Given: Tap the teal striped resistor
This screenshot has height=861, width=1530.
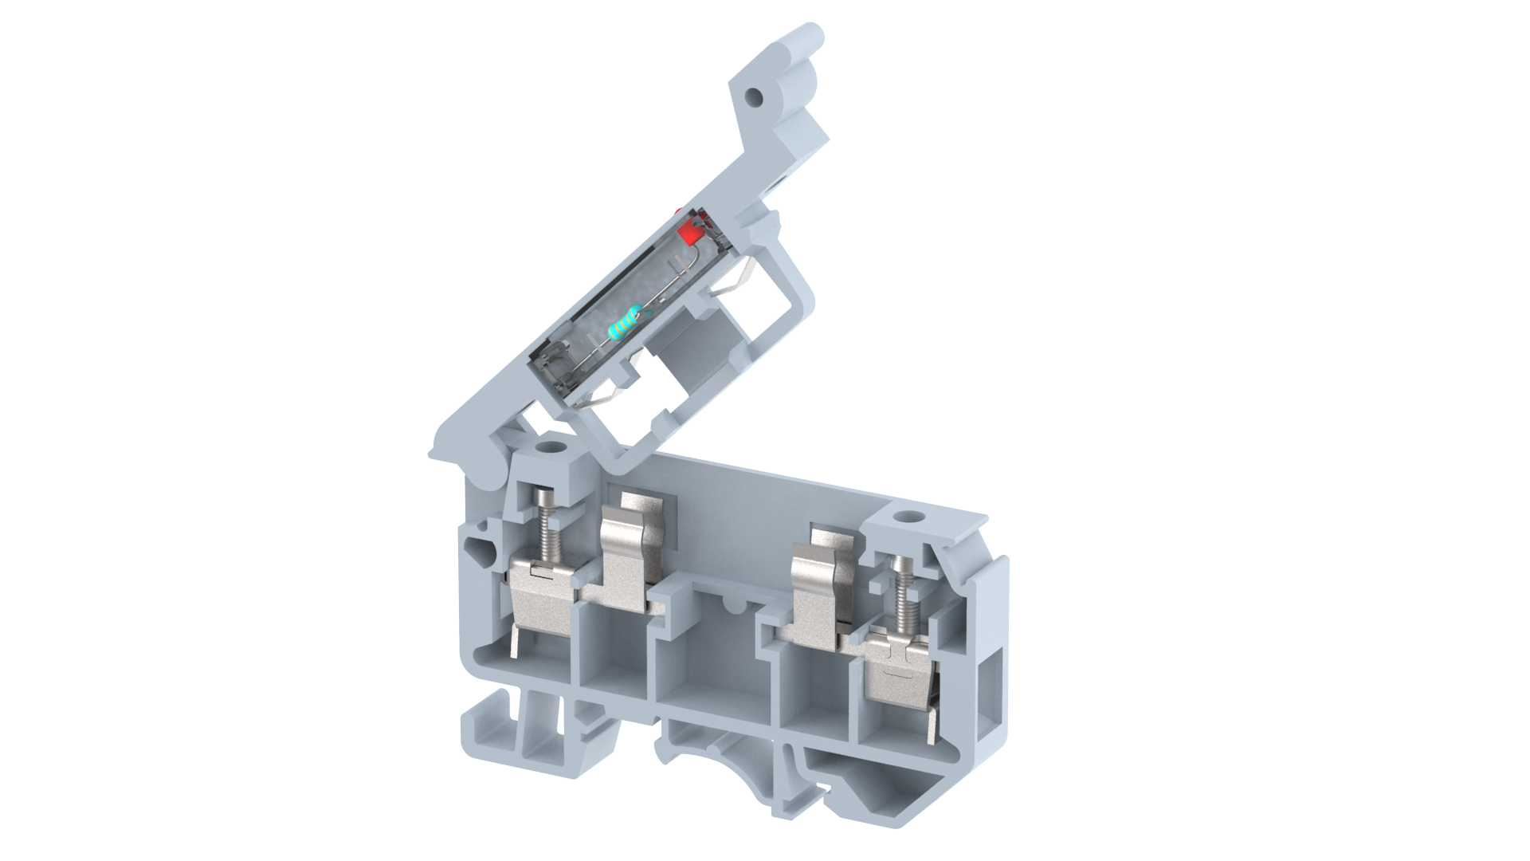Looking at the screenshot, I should click(x=624, y=324).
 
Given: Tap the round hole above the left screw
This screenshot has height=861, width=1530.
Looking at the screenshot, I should click(x=549, y=445).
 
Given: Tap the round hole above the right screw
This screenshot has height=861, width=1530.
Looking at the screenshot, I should click(x=905, y=519).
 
